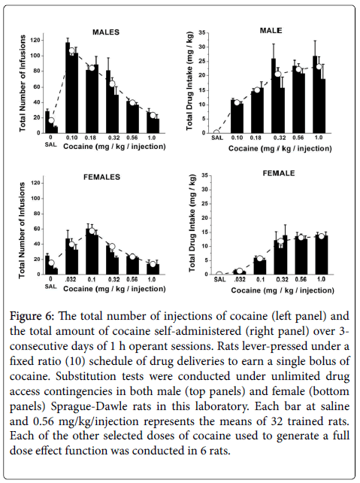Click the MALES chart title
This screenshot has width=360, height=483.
click(x=106, y=32)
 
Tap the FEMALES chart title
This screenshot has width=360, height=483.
click(x=102, y=177)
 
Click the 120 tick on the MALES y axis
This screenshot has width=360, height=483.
click(x=36, y=41)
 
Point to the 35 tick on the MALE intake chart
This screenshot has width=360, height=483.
click(x=202, y=32)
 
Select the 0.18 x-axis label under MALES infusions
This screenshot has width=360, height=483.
click(x=91, y=138)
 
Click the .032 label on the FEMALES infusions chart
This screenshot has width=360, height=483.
click(x=71, y=279)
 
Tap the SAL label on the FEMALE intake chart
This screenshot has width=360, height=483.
click(x=219, y=279)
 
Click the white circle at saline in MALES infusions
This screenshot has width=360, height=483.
click(x=51, y=120)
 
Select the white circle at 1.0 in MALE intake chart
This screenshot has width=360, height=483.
click(x=319, y=66)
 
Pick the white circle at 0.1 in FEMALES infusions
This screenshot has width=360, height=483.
click(x=92, y=231)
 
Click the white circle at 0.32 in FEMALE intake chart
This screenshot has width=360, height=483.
click(x=280, y=241)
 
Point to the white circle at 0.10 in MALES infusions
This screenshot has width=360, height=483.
click(x=71, y=51)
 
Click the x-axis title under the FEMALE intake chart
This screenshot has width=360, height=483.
click(x=283, y=290)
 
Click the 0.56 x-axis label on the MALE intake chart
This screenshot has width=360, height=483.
click(x=299, y=138)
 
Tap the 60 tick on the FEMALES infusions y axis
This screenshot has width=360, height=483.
click(x=36, y=229)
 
